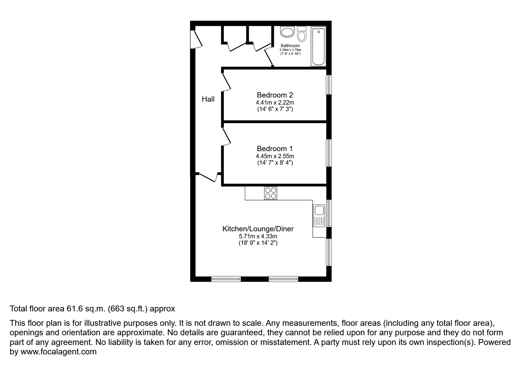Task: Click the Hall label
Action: click(208, 99)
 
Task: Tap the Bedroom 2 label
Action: click(275, 95)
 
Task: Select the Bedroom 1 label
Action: click(275, 148)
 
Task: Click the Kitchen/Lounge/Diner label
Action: click(258, 229)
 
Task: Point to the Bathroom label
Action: click(290, 46)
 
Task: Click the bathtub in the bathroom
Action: click(318, 47)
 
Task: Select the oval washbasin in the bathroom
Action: click(287, 32)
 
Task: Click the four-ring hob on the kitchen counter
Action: click(271, 193)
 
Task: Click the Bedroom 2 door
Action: click(226, 82)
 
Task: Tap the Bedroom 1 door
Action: click(226, 136)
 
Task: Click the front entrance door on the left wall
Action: click(197, 39)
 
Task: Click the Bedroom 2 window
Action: click(329, 85)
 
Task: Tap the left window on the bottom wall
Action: click(226, 279)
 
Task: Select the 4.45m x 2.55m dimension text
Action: click(275, 156)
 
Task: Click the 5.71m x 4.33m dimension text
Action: click(258, 236)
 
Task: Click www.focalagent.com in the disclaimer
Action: click(58, 352)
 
